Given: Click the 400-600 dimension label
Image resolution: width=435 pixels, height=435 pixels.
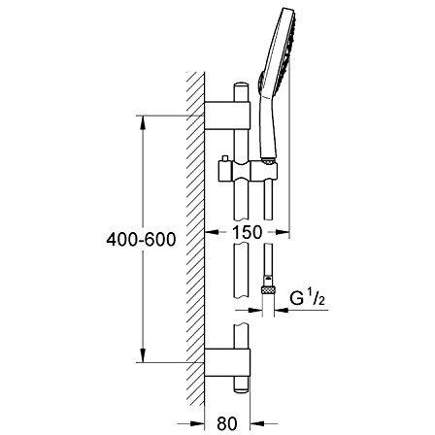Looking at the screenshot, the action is click(x=141, y=240).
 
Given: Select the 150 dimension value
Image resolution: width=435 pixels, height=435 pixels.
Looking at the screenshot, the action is click(x=247, y=232).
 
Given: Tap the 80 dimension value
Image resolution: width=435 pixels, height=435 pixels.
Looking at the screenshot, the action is click(x=227, y=423).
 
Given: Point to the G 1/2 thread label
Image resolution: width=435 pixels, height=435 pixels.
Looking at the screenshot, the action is click(x=307, y=297).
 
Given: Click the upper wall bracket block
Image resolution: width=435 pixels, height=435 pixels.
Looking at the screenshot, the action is click(x=227, y=116).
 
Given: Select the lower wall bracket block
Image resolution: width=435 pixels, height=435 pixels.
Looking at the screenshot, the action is click(x=227, y=363).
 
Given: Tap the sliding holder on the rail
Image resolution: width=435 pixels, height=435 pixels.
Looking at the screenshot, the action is click(x=248, y=171).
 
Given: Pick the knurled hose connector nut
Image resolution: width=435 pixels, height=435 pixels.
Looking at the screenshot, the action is click(x=268, y=289).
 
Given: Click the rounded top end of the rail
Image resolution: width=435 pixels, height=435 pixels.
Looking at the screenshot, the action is click(x=242, y=86).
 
